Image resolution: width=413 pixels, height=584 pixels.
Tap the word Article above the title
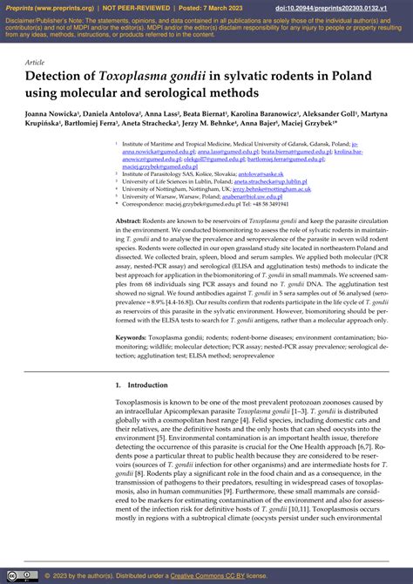pos(35,63)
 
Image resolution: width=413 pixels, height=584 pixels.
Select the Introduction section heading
pos(141,385)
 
